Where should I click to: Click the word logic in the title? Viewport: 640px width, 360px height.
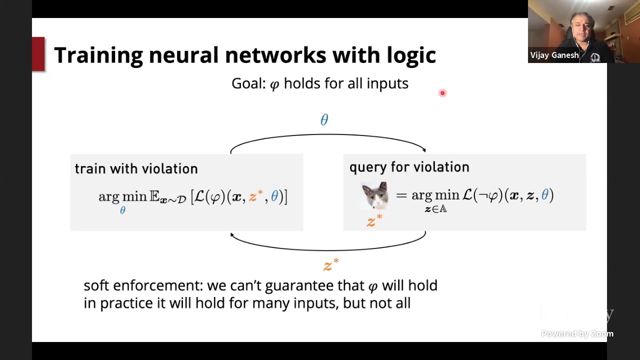[x=411, y=55]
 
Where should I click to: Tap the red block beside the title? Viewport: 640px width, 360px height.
[x=38, y=54]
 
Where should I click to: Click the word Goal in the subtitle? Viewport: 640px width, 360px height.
[x=247, y=83]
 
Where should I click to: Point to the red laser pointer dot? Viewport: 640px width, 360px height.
[x=442, y=93]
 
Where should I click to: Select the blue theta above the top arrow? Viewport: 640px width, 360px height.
[x=324, y=120]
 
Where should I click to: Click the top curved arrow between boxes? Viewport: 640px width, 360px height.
[x=327, y=135]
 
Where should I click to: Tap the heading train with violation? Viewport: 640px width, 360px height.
[x=136, y=169]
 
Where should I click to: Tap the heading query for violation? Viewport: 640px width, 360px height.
[x=409, y=167]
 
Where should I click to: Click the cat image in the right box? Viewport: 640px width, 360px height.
[x=375, y=195]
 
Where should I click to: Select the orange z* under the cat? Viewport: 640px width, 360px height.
[x=374, y=220]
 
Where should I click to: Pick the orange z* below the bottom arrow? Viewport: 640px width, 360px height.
[x=331, y=264]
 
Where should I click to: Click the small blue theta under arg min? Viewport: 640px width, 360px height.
[x=122, y=211]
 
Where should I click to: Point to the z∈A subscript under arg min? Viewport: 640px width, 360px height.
[x=435, y=209]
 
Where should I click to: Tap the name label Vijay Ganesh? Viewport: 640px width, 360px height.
[x=554, y=55]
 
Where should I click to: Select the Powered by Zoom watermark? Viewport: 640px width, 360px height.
[x=577, y=334]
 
